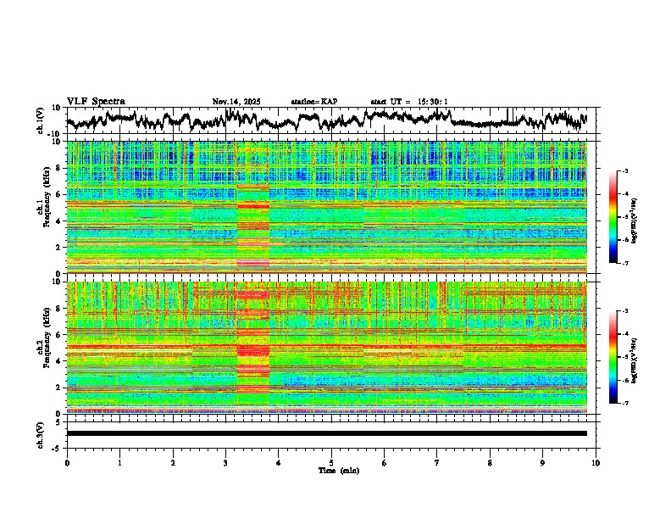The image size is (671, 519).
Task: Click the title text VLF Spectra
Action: [96, 101]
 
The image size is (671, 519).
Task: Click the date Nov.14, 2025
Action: [236, 102]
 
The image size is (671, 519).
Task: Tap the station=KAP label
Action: [314, 102]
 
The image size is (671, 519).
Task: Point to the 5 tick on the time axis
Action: [331, 462]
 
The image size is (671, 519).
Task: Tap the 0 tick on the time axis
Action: [67, 462]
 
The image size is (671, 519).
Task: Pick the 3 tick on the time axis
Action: [225, 462]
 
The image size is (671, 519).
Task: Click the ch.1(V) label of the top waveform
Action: [41, 120]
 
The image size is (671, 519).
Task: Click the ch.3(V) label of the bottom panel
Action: [41, 433]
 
